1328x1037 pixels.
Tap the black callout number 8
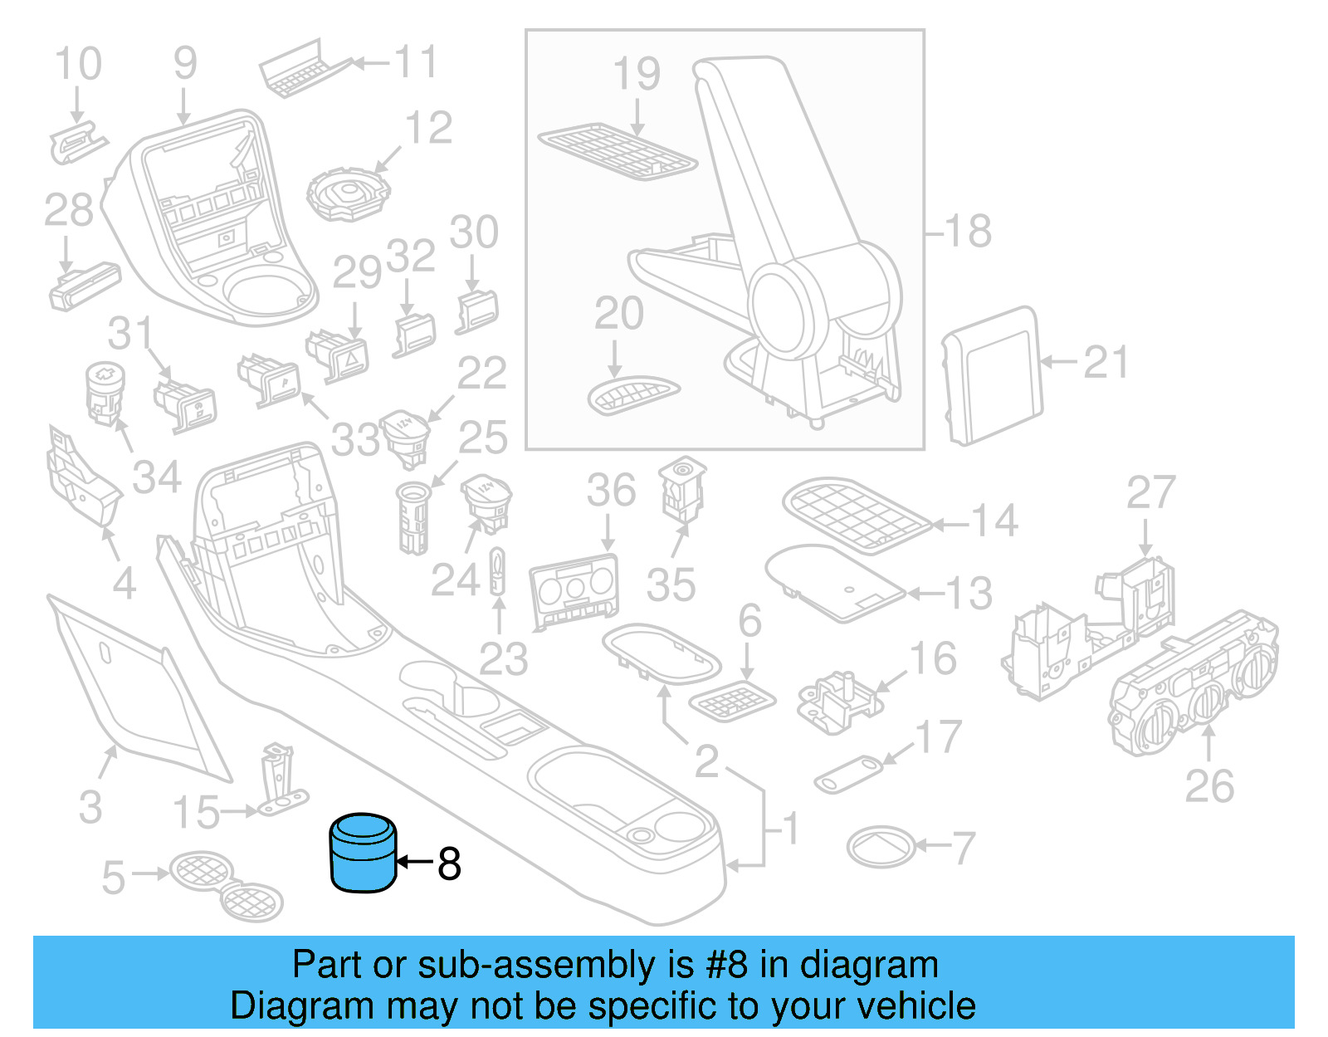(x=449, y=863)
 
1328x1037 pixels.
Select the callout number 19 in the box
(x=637, y=74)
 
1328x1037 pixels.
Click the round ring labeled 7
(x=881, y=847)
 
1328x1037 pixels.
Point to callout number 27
(x=1150, y=493)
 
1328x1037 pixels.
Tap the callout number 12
(x=428, y=128)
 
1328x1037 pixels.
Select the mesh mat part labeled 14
(x=855, y=514)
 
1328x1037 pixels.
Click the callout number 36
(x=611, y=490)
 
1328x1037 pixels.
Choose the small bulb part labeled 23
(x=497, y=570)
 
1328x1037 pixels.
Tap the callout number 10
(x=78, y=64)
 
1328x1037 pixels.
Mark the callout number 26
(x=1209, y=785)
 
